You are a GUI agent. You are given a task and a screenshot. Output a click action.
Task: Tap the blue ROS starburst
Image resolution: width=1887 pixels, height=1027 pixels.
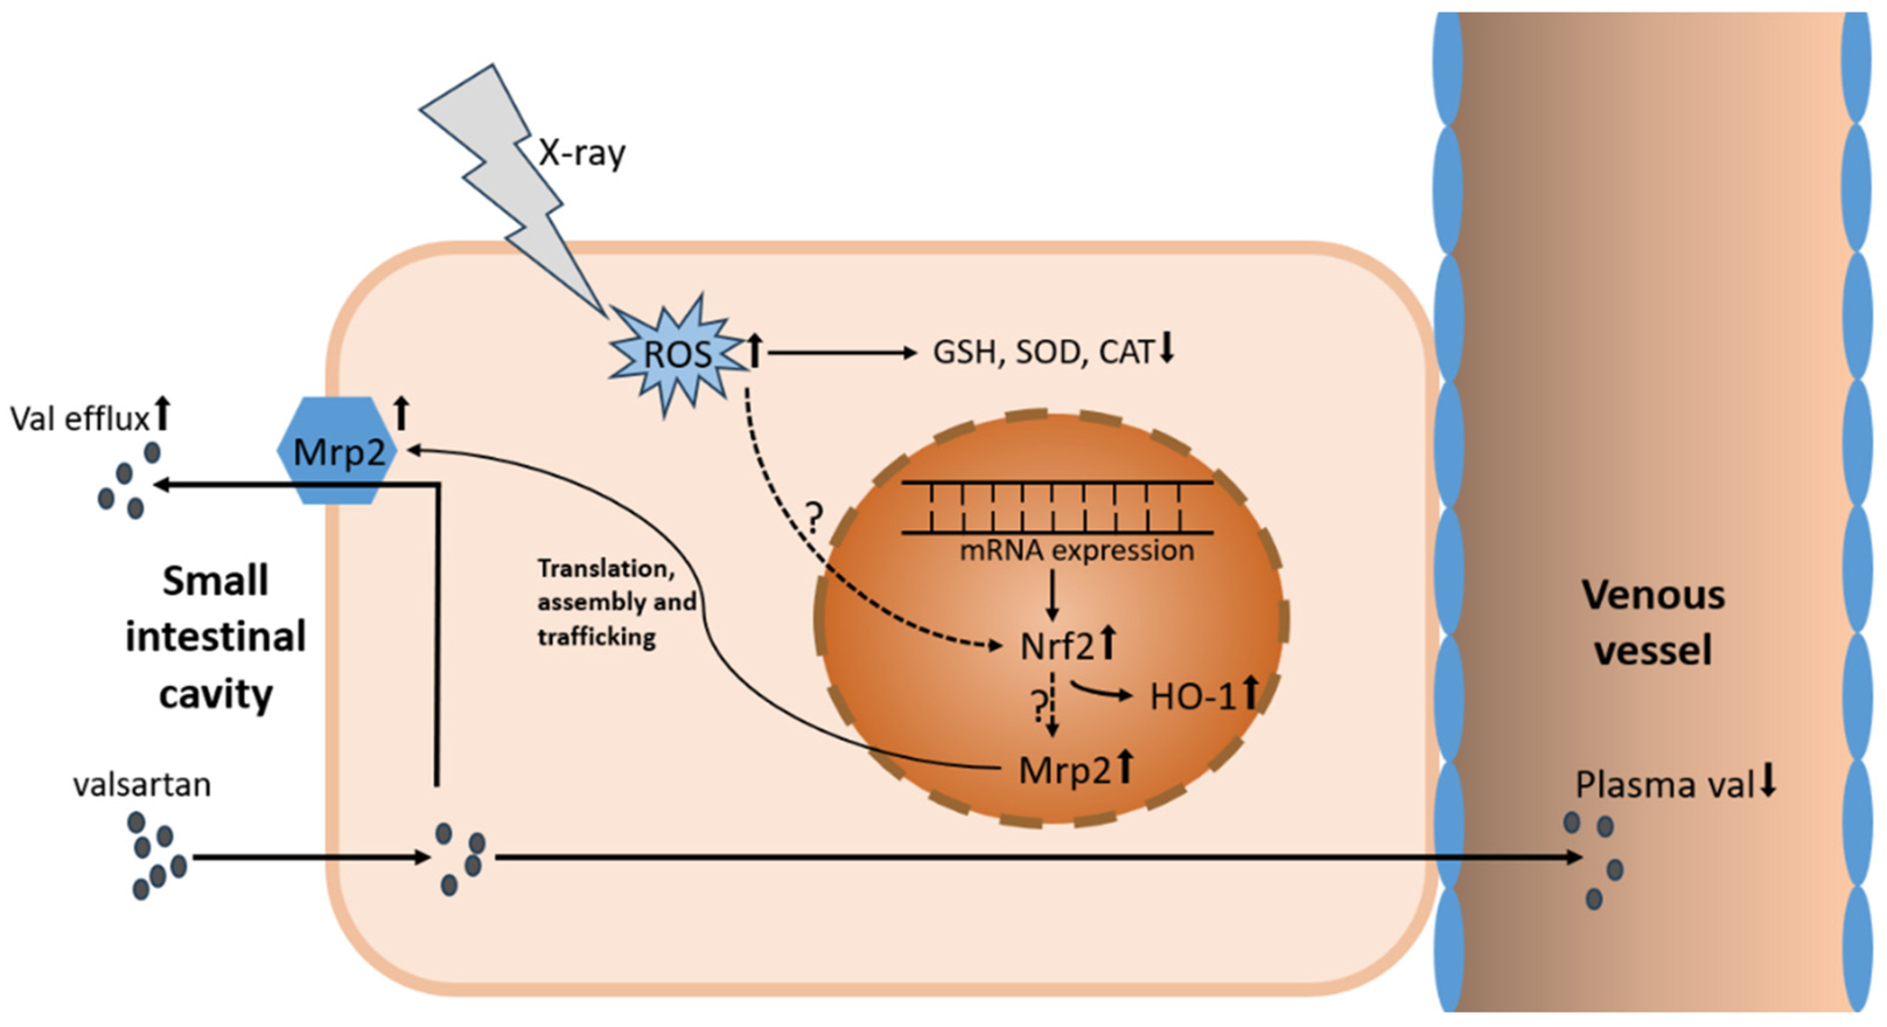675,355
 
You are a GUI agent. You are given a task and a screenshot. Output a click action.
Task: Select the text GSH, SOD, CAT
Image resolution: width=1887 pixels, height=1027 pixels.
1043,353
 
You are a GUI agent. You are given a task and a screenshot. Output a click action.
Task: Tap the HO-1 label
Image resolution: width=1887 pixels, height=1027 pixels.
1192,696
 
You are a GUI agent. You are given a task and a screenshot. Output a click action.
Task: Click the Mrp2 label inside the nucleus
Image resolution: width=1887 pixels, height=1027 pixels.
1065,770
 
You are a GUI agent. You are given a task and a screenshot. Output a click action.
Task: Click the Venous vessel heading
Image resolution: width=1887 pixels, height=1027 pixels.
1654,622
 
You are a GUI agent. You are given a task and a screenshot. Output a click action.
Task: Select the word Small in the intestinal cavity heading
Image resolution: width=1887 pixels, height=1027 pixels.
215,581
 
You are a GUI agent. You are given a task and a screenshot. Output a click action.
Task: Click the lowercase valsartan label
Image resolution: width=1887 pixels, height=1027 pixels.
142,785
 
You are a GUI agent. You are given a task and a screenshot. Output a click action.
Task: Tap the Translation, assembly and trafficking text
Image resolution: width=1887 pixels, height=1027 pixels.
615,602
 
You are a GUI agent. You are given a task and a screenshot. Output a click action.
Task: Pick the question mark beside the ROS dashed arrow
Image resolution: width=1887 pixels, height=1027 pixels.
814,519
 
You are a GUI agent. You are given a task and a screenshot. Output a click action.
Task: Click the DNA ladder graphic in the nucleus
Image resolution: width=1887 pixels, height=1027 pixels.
1056,506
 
